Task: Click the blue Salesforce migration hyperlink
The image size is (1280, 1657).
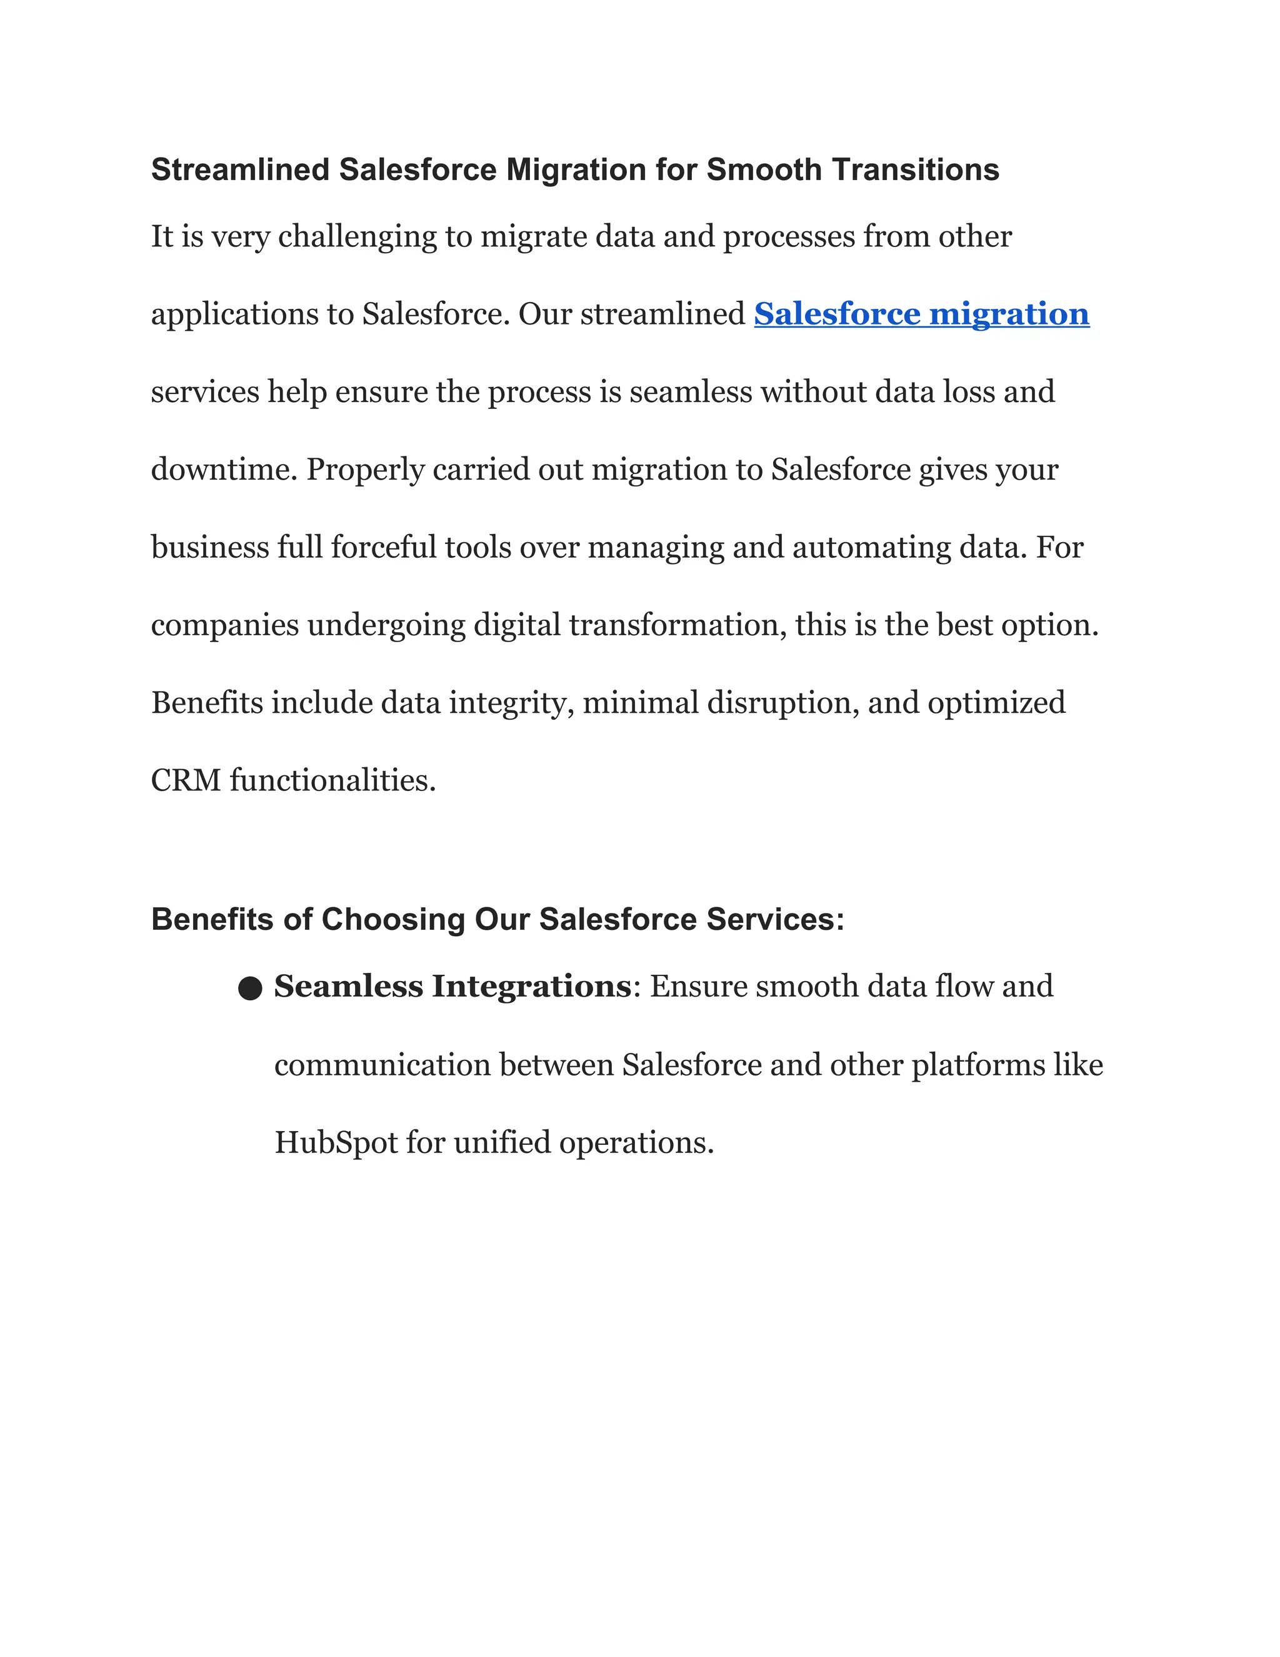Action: pos(921,314)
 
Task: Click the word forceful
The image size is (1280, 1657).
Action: pos(384,547)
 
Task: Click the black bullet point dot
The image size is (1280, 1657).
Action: pos(250,989)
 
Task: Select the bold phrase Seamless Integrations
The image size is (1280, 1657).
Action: pos(452,986)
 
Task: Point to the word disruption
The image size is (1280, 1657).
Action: pos(782,703)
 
